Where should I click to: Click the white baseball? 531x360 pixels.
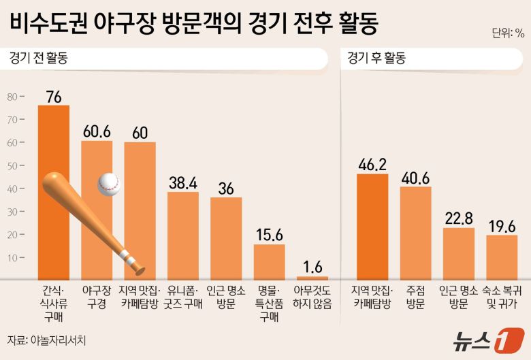click(108, 184)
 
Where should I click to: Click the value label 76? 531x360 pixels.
click(53, 97)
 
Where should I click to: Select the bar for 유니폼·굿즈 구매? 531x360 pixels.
click(183, 235)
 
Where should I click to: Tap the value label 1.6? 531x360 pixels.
click(312, 267)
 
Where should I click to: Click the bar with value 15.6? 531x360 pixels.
click(269, 261)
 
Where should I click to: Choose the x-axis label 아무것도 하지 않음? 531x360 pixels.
click(312, 297)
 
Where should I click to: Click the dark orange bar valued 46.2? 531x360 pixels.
click(372, 226)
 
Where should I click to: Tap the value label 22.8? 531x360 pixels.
click(458, 218)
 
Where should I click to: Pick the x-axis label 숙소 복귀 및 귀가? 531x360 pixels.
click(501, 297)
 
